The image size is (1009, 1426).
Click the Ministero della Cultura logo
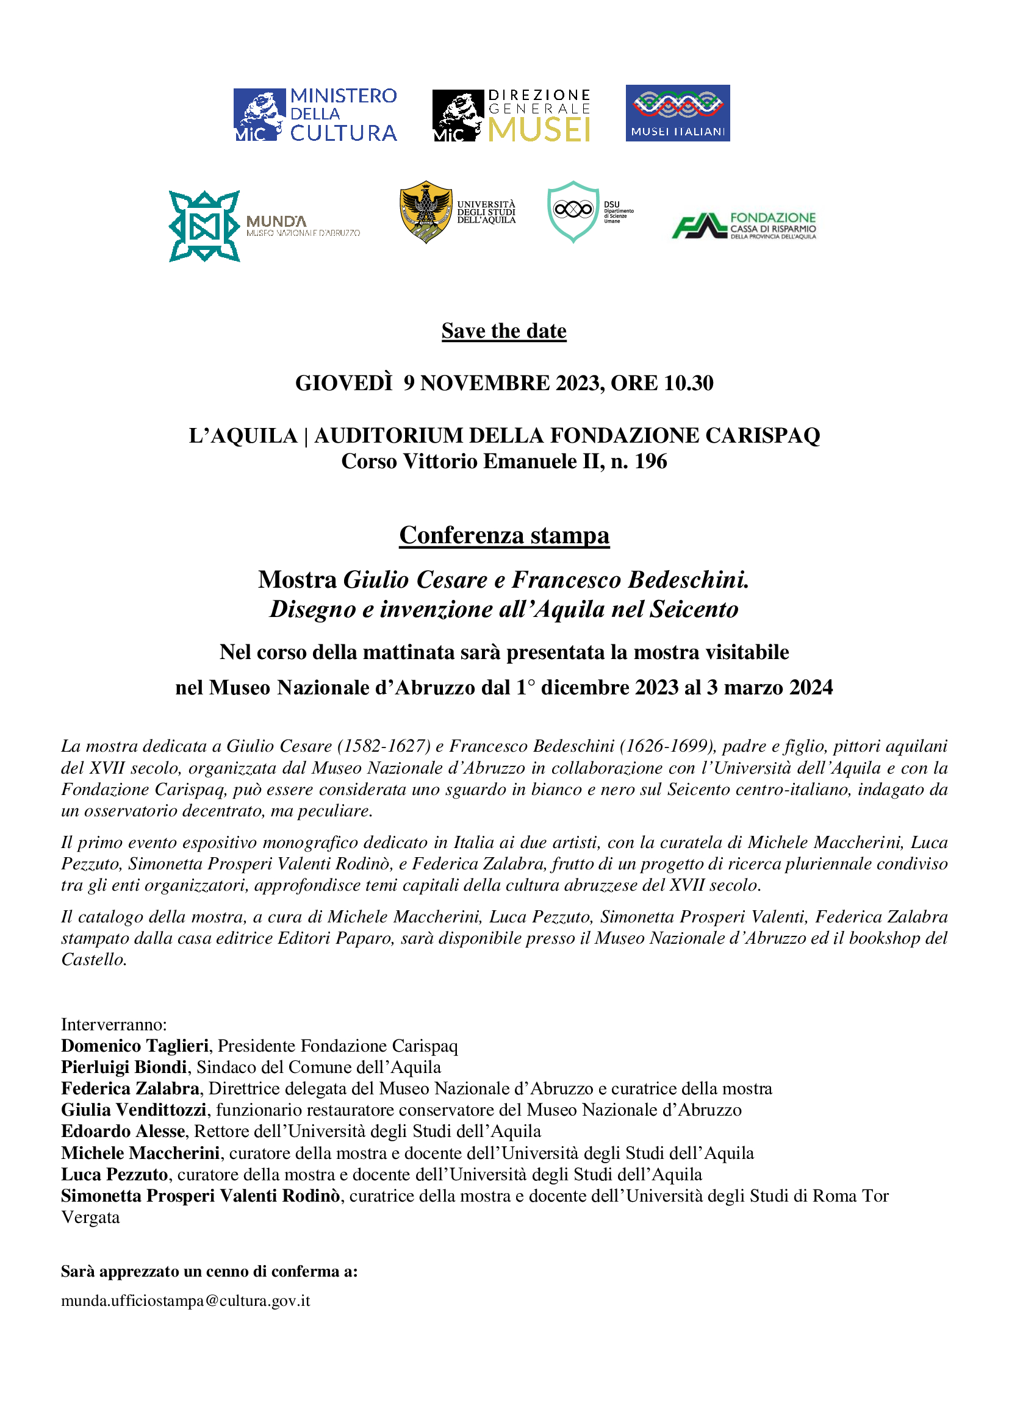click(x=315, y=114)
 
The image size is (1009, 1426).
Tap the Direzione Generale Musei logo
click(x=511, y=115)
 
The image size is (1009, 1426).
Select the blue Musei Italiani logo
click(x=677, y=113)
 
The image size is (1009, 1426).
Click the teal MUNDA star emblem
click(x=204, y=226)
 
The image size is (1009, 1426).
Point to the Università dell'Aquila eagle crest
click(x=426, y=212)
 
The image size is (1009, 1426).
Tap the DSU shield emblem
click(x=573, y=211)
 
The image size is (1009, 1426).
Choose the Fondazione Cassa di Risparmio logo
click(x=744, y=226)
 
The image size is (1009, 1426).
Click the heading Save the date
click(x=504, y=331)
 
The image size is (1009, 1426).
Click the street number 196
click(x=650, y=462)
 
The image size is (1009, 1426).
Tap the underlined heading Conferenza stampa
click(x=504, y=535)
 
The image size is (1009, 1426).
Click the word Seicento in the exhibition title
click(x=694, y=609)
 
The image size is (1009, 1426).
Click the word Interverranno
click(x=113, y=1024)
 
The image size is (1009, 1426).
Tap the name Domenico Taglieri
click(x=135, y=1046)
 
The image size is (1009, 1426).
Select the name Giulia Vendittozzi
click(x=134, y=1110)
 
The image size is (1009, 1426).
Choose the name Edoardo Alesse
click(x=123, y=1131)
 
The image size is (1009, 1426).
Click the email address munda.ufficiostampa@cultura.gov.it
click(x=185, y=1300)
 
